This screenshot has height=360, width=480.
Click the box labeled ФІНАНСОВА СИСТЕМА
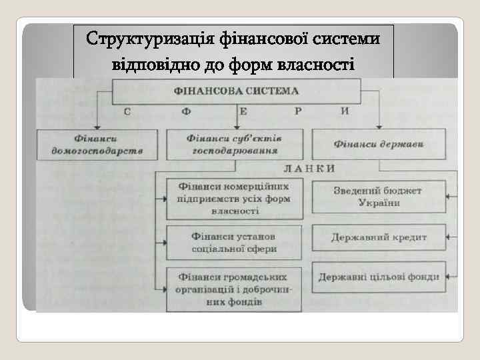[x=237, y=90]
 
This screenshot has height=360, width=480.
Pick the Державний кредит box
[x=378, y=237]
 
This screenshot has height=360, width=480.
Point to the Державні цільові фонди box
[x=378, y=277]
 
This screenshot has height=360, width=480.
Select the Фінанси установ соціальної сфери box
[x=233, y=243]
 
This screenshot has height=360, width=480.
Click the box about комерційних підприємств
[x=233, y=198]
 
